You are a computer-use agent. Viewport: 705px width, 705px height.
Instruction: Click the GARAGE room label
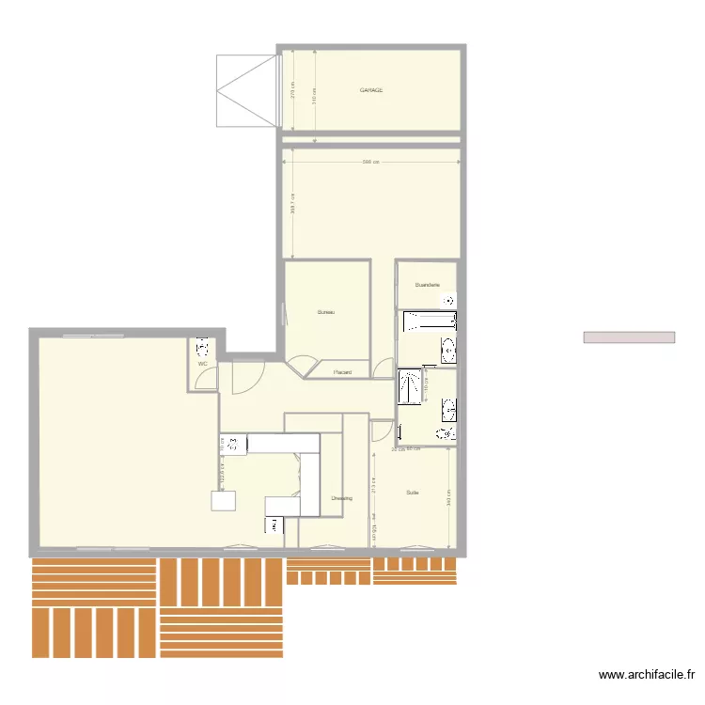(371, 90)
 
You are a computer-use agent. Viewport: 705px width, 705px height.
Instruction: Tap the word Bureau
(326, 312)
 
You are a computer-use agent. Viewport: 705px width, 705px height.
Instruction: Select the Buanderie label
(427, 284)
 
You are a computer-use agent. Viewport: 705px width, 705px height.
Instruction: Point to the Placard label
(343, 373)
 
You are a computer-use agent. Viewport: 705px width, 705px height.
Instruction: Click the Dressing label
(341, 498)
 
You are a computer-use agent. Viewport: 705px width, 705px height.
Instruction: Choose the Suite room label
(413, 493)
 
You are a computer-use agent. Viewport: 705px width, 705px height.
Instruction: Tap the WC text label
(202, 364)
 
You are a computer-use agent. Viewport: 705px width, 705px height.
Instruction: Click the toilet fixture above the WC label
(203, 346)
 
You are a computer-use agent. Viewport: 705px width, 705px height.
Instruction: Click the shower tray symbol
(409, 385)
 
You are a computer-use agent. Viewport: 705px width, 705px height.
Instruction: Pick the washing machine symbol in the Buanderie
(449, 300)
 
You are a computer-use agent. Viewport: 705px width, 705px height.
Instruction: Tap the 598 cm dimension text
(371, 162)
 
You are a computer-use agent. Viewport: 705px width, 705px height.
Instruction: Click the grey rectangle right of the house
(629, 337)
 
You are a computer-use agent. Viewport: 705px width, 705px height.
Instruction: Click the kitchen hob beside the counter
(231, 443)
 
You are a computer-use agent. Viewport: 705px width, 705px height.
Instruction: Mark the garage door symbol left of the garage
(247, 90)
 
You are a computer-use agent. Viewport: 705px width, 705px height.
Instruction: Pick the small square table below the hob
(224, 500)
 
